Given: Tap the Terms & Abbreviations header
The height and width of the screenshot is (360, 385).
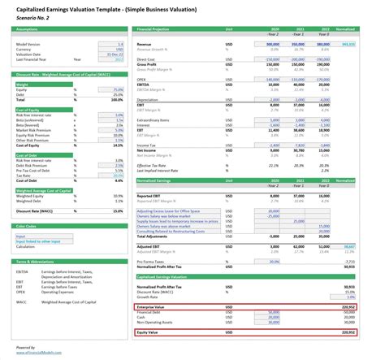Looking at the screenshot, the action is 37,261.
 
